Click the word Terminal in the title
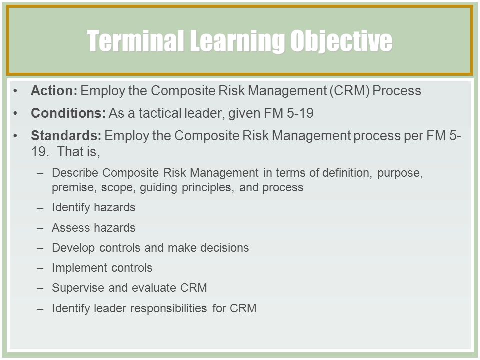tap(135, 40)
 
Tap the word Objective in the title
tap(341, 41)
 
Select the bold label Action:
tap(54, 91)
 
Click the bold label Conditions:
tap(68, 113)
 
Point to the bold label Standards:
tap(66, 135)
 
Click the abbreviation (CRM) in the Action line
tap(349, 91)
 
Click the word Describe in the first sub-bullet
tap(75, 173)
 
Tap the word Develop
tap(73, 248)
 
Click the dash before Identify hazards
tap(40, 208)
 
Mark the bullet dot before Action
tap(15, 91)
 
